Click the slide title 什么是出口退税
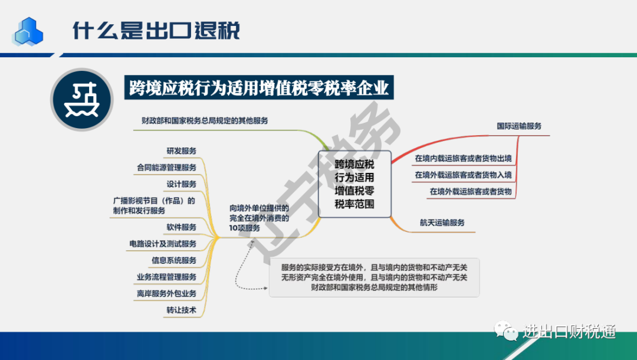[x=156, y=31]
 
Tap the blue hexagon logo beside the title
[x=28, y=31]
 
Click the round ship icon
[x=81, y=100]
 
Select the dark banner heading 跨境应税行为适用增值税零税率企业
[x=259, y=87]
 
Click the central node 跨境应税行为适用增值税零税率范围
[x=354, y=184]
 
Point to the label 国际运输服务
[x=519, y=126]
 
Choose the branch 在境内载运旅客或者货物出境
[x=463, y=158]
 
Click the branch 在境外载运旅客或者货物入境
[x=463, y=175]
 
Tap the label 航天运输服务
[x=442, y=222]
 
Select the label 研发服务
[x=181, y=150]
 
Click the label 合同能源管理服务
[x=166, y=168]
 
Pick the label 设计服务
[x=181, y=184]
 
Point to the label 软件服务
[x=181, y=227]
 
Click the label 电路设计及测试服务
[x=163, y=244]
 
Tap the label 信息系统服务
[x=174, y=260]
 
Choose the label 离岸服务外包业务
[x=166, y=293]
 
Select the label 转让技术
[x=181, y=310]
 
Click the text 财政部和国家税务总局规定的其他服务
[x=205, y=120]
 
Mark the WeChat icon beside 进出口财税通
[x=506, y=331]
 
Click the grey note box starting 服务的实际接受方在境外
[x=374, y=277]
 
